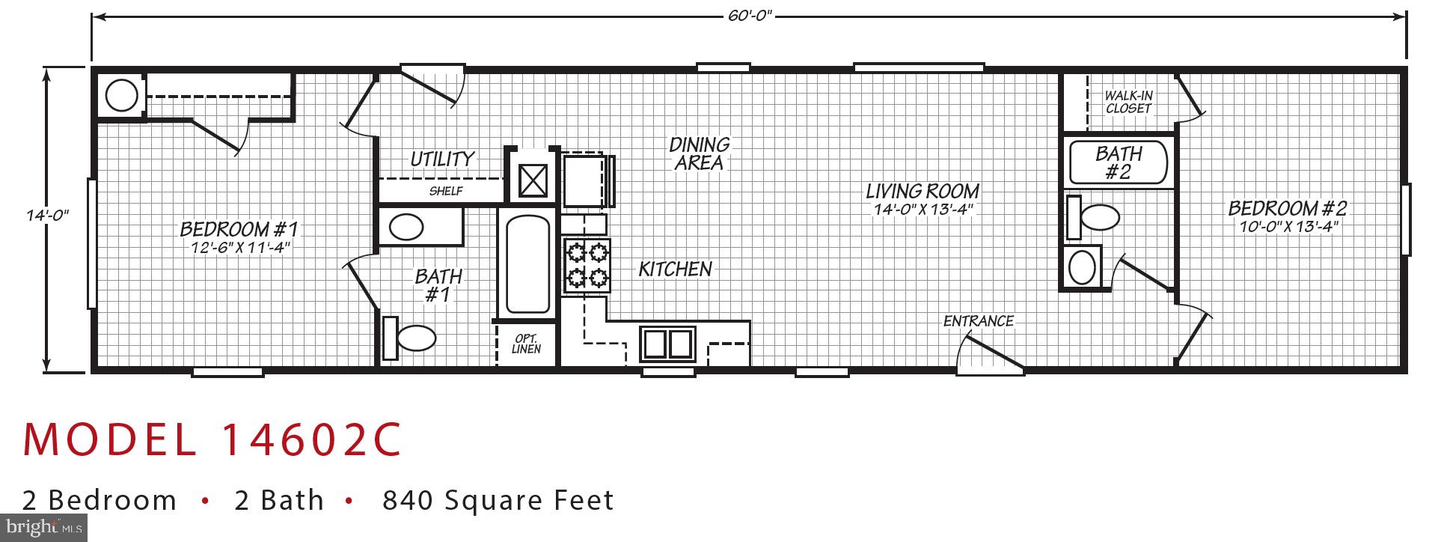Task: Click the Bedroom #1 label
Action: click(x=239, y=228)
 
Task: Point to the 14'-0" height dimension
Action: click(x=47, y=216)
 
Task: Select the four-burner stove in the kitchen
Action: click(x=587, y=266)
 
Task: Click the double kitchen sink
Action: click(x=667, y=344)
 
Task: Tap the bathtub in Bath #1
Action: click(x=527, y=264)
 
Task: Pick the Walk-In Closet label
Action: click(x=1128, y=102)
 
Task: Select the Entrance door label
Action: click(x=978, y=321)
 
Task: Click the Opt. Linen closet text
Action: click(x=526, y=344)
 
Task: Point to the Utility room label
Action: click(x=441, y=159)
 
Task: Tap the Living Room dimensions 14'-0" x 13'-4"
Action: click(x=923, y=210)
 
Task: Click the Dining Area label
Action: click(x=699, y=153)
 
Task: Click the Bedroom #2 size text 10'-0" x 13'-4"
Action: click(x=1288, y=227)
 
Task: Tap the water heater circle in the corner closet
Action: click(x=121, y=95)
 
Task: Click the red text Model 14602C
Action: click(x=212, y=439)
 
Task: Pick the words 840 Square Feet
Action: click(x=498, y=500)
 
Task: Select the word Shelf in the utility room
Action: click(x=445, y=191)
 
